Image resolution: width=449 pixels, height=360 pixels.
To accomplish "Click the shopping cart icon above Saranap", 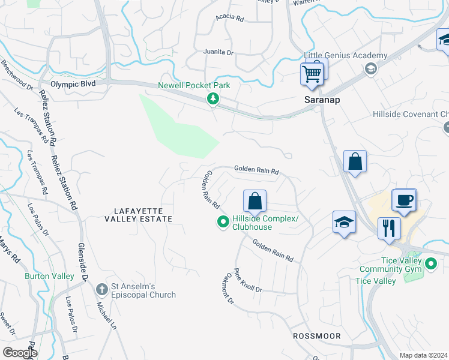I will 312,74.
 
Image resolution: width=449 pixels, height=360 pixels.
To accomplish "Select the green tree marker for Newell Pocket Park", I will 212,99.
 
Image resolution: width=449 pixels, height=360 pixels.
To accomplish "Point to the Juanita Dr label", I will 221,52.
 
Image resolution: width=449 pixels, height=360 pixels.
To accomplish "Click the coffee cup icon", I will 404,200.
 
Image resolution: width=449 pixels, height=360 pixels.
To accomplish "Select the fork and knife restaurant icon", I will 389,228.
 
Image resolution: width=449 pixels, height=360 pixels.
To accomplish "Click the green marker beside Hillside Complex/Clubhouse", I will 223,223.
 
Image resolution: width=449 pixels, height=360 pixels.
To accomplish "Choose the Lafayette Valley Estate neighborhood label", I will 143,215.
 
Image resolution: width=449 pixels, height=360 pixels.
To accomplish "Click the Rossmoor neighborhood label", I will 316,336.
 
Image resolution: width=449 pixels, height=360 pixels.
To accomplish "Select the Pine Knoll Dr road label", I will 248,280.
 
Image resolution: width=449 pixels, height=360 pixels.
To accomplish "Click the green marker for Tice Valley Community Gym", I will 430,263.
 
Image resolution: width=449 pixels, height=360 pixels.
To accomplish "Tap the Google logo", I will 20,352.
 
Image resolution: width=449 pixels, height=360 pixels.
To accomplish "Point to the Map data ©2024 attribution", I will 423,355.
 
